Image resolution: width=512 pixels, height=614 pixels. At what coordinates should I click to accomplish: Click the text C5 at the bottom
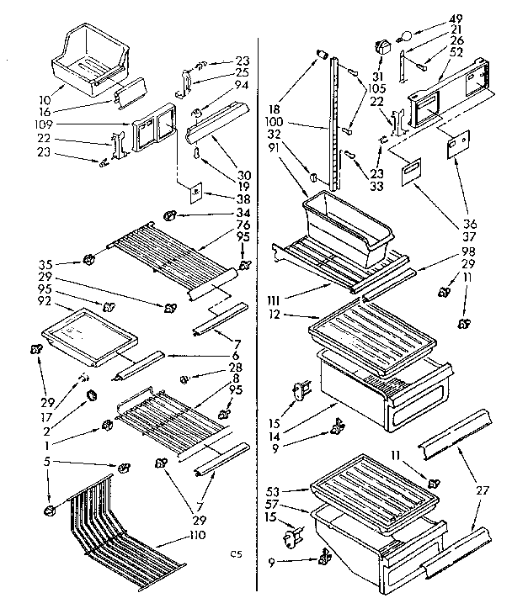pyautogui.click(x=237, y=553)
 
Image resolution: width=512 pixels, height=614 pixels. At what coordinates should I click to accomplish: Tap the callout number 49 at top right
pyautogui.click(x=481, y=19)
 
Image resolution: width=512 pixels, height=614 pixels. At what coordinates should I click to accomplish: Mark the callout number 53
pyautogui.click(x=291, y=489)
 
